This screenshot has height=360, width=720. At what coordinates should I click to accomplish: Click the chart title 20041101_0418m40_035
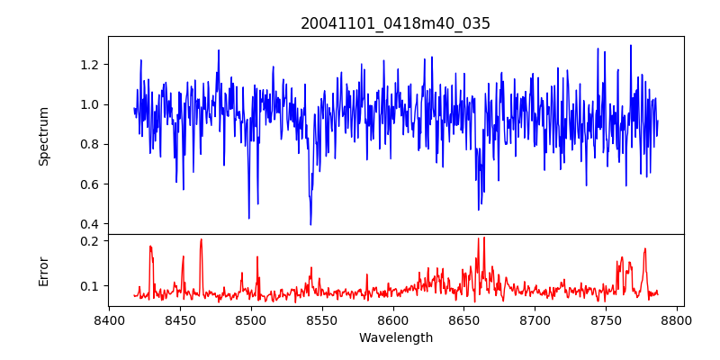pos(395,23)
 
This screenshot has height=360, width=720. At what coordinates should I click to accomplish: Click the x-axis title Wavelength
pos(395,338)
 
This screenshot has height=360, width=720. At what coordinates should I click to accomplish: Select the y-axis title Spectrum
pos(43,136)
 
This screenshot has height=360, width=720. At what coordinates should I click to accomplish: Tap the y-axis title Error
pos(43,271)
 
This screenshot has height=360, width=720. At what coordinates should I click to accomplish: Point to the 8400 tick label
pos(109,319)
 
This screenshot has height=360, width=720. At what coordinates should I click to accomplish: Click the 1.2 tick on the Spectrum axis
pos(90,65)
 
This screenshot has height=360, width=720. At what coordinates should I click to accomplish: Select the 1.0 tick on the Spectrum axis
pos(90,104)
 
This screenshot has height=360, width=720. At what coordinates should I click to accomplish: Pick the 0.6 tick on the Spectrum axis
pos(90,184)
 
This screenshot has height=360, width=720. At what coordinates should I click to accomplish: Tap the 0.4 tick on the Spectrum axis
pos(90,224)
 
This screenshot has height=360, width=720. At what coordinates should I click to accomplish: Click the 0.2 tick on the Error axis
pos(90,241)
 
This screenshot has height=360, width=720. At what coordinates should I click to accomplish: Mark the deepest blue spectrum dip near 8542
pos(310,224)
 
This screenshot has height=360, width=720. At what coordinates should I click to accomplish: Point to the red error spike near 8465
pos(201,239)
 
